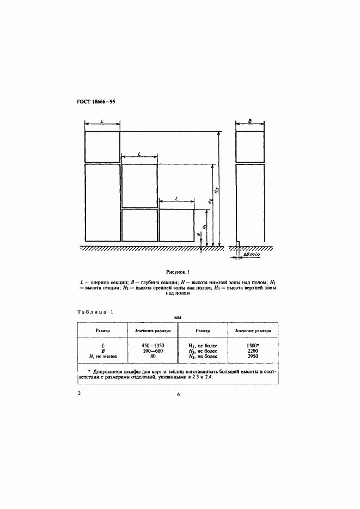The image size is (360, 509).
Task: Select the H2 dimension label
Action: pos(210,203)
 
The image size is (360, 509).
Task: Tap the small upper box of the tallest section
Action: pos(102,146)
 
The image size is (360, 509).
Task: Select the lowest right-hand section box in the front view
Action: pos(176,225)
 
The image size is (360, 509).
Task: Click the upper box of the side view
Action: pos(251,146)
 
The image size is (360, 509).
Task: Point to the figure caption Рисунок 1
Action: pos(180,271)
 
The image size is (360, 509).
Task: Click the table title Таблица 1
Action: pos(95,312)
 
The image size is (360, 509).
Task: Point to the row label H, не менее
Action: pos(103,357)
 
